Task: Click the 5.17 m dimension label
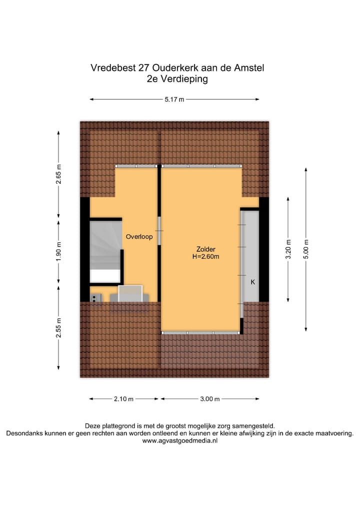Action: [x=174, y=99]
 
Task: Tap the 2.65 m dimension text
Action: [x=58, y=178]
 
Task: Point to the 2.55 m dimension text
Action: [x=58, y=328]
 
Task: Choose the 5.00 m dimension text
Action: [x=306, y=249]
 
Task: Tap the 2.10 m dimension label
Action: [x=124, y=399]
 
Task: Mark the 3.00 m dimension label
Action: [x=210, y=399]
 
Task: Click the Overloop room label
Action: [x=139, y=237]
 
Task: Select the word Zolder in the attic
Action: [x=206, y=249]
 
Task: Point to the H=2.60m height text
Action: [x=206, y=257]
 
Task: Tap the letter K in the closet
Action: [x=252, y=282]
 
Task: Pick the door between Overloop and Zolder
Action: [x=159, y=230]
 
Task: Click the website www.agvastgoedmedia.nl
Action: [x=180, y=441]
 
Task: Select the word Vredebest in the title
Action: [x=110, y=67]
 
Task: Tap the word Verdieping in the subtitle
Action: [x=185, y=79]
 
